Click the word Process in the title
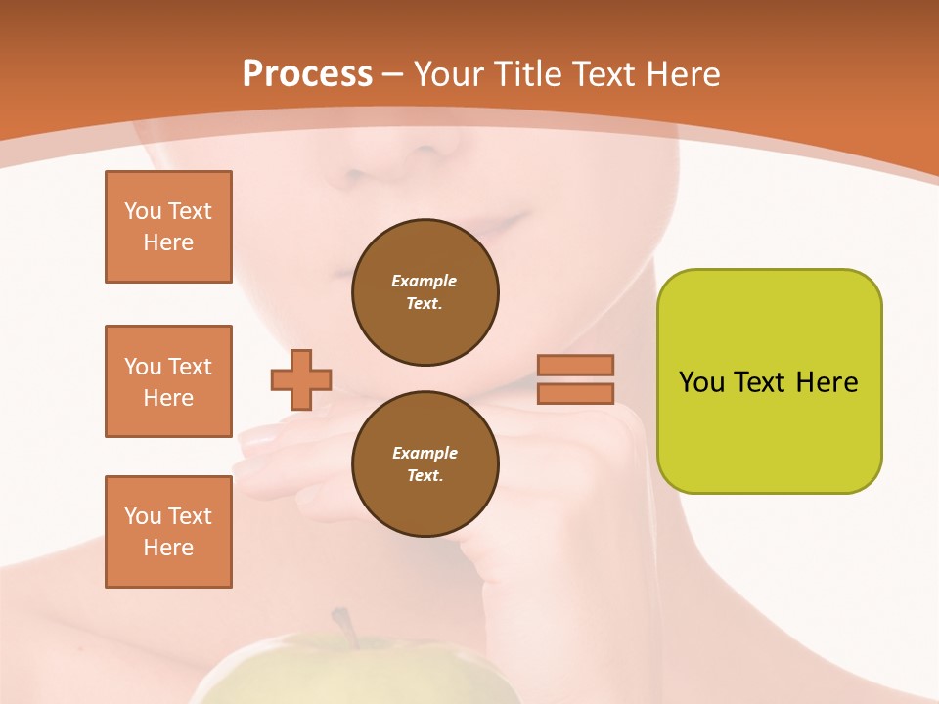coord(307,74)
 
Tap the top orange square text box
coord(168,227)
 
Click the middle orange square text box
coord(168,381)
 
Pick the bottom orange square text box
coord(168,532)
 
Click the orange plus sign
coord(301,379)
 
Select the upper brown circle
coord(425,292)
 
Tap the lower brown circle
coord(425,464)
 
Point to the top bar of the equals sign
coord(575,365)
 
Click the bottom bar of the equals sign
coord(575,394)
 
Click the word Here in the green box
coord(827,382)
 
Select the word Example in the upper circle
coord(425,281)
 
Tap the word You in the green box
coord(701,382)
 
